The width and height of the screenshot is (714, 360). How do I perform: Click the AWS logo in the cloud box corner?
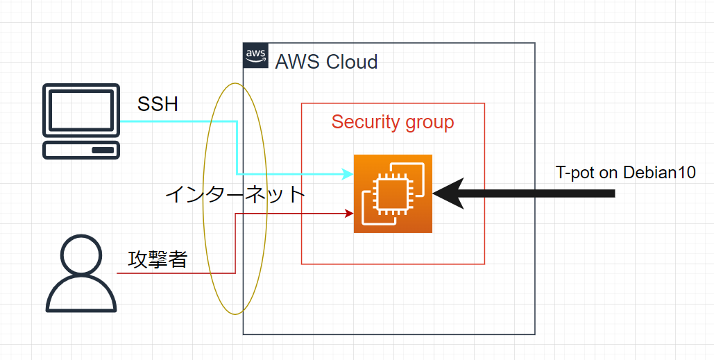[255, 55]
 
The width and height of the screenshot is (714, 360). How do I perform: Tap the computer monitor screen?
[81, 110]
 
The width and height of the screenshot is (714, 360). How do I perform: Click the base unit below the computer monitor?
[81, 151]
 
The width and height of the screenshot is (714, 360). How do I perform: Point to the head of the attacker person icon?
[81, 253]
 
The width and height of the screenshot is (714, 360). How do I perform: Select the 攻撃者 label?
[158, 259]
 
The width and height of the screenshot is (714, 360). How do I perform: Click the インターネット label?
[235, 194]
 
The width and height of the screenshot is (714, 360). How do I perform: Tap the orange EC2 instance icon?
[393, 194]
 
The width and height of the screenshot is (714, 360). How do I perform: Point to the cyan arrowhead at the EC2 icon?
[349, 173]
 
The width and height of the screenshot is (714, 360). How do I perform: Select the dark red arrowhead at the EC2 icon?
[349, 213]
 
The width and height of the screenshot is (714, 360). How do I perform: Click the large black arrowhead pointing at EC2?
[448, 194]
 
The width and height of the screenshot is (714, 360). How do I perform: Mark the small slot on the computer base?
[103, 151]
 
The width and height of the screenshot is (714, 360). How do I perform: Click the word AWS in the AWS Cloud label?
[296, 62]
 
